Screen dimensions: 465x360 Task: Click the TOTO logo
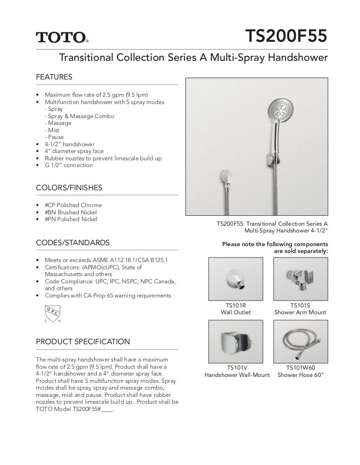coord(62,37)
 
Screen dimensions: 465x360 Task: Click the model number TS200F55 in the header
coord(286,36)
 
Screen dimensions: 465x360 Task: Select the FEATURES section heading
coord(54,77)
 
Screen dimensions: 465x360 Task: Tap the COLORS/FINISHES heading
coord(69,188)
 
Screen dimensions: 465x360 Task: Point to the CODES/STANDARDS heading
coord(73,242)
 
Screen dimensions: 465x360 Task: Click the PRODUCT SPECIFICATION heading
coord(83,341)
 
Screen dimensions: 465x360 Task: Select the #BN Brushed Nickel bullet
coord(70,212)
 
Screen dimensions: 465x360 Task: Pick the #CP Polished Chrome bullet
coord(73,205)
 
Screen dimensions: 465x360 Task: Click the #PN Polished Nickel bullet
coord(71,219)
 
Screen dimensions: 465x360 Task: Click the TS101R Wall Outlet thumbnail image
coord(235,279)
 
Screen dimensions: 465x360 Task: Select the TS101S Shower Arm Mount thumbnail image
coord(300,279)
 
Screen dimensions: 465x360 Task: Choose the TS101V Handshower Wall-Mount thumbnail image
coord(235,341)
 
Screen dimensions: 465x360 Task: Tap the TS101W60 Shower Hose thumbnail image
coord(300,341)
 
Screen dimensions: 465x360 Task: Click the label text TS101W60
coord(300,368)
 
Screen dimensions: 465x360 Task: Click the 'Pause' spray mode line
coord(55,137)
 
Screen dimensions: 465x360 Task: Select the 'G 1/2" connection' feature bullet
coord(69,165)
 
